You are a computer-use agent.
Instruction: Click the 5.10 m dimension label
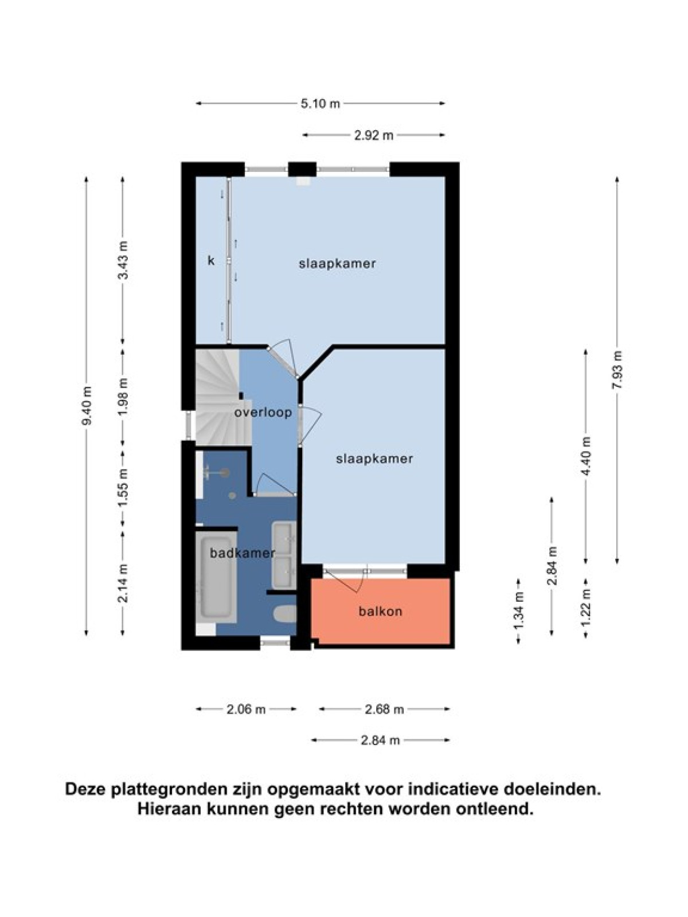(320, 104)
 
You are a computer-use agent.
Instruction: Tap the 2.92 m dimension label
(374, 135)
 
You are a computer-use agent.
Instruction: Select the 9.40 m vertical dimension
(87, 405)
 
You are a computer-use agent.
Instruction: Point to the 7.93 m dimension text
(617, 370)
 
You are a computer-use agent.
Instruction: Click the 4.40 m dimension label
(587, 456)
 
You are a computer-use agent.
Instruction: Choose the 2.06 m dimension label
(246, 710)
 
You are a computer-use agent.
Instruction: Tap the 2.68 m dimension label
(384, 710)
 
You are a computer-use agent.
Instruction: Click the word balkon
(380, 612)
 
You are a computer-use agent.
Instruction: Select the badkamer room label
(243, 553)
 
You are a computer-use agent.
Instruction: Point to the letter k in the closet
(212, 261)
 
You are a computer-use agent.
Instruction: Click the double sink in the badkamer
(284, 555)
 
